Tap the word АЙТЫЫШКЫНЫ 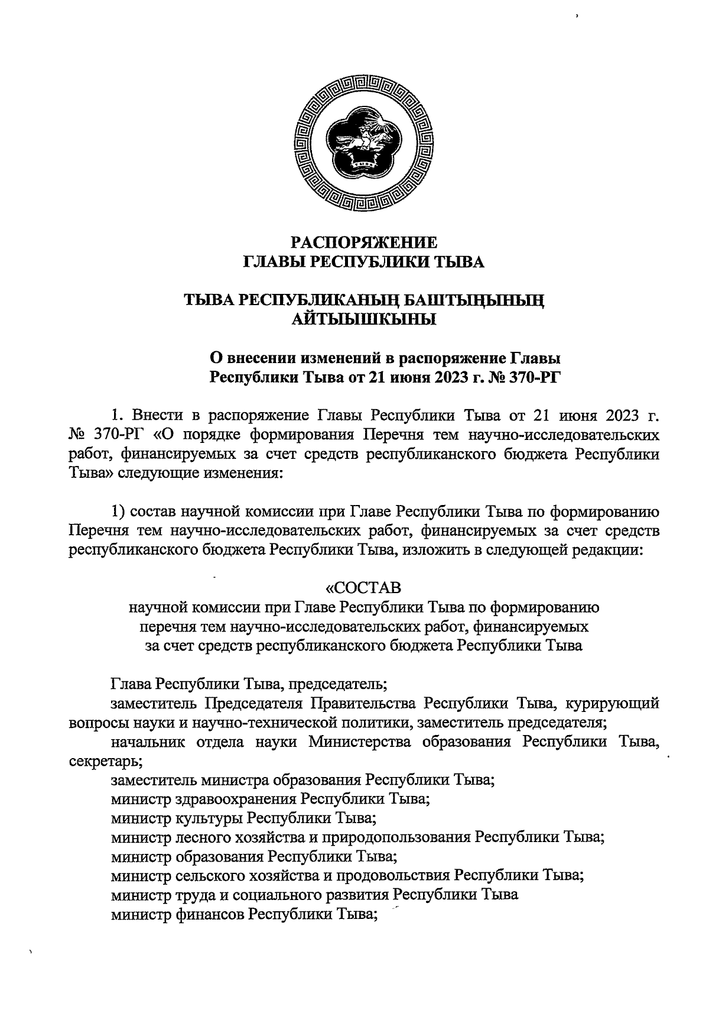pos(365,320)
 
